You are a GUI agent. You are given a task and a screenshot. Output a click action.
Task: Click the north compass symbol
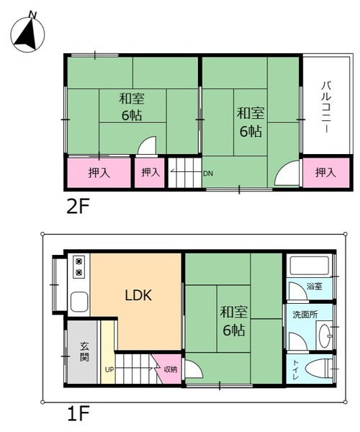(27, 35)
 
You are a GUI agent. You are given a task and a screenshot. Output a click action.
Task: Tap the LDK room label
(138, 295)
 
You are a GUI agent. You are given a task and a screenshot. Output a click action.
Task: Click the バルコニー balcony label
(326, 107)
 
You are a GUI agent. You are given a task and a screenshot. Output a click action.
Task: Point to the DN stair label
(208, 174)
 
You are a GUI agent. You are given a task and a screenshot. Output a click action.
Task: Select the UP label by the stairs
(109, 370)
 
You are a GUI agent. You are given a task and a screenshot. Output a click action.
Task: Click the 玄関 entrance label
(84, 351)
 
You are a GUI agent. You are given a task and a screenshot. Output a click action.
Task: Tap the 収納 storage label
(171, 369)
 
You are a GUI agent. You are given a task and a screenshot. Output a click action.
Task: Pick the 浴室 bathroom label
(314, 286)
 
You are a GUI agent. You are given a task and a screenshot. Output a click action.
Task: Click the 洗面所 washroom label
(305, 315)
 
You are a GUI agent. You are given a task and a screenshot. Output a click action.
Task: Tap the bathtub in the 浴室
(310, 266)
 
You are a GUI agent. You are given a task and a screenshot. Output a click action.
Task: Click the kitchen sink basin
(79, 301)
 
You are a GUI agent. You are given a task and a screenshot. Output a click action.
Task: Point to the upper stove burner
(79, 261)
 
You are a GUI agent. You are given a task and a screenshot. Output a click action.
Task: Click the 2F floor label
(78, 207)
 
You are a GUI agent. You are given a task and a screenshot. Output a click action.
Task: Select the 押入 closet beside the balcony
(326, 173)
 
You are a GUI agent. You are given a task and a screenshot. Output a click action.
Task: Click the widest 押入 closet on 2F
(99, 173)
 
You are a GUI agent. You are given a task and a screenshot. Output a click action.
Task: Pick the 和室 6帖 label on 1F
(234, 321)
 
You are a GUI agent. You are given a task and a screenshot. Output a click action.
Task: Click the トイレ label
(295, 369)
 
